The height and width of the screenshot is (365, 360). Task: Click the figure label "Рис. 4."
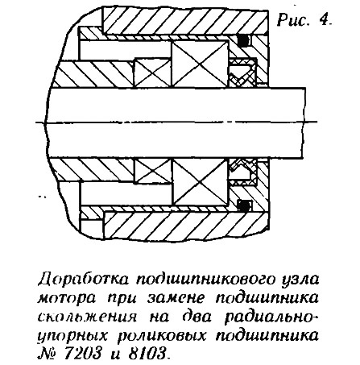tap(304, 19)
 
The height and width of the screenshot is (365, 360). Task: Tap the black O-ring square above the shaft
tap(243, 40)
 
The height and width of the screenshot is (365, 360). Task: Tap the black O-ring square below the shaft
tap(244, 205)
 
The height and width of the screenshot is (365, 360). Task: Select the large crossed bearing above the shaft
tap(200, 64)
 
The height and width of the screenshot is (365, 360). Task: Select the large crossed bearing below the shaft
tap(201, 182)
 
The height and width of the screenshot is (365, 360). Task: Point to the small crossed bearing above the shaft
tap(152, 73)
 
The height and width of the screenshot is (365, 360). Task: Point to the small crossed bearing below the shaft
tap(153, 172)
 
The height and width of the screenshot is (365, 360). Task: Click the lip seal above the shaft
tap(242, 73)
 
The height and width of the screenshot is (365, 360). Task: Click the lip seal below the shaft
tap(243, 172)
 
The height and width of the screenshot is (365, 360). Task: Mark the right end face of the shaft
tap(305, 122)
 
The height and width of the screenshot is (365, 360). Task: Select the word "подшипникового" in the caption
tap(206, 280)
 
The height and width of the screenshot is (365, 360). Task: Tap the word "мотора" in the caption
tap(69, 298)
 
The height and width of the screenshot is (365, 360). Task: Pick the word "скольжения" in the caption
tap(88, 317)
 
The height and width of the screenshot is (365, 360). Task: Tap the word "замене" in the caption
tap(175, 298)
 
